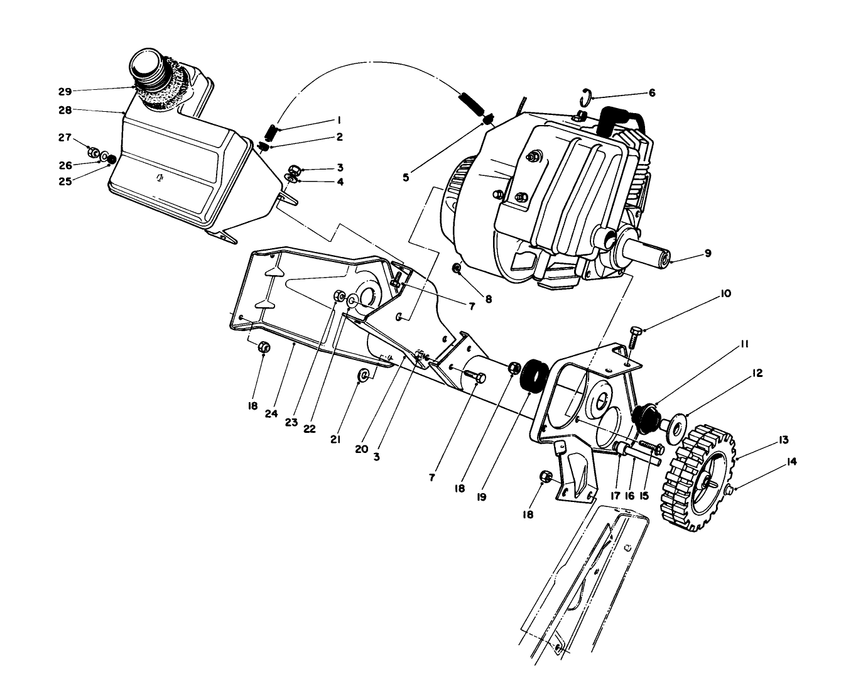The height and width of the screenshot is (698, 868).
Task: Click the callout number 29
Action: (65, 91)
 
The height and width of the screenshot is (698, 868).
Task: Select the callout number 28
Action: (65, 110)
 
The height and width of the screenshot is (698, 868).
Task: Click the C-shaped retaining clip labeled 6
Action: (585, 95)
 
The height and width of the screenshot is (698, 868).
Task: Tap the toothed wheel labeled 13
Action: (697, 482)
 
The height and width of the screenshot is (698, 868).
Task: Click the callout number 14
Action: (791, 462)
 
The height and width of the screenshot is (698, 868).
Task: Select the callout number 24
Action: (271, 413)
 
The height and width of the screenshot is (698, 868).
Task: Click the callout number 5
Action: (406, 178)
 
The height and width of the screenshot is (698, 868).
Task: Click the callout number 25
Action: (65, 181)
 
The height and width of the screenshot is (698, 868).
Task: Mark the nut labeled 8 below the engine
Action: (458, 269)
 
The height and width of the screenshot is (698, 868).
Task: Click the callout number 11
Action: (744, 344)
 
